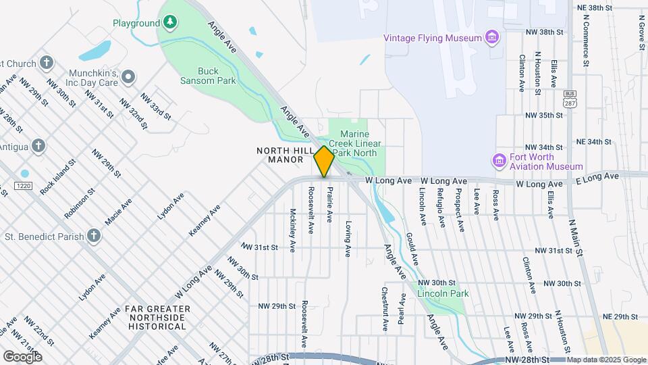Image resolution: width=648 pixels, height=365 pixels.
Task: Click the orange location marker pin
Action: point(324,161)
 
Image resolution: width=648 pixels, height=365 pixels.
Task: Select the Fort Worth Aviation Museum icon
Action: point(499,161)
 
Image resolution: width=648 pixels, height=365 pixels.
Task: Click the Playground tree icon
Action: point(171,23)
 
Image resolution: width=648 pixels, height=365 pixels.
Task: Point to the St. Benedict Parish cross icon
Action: point(94,236)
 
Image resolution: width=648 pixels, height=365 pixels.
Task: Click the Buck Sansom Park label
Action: point(217,75)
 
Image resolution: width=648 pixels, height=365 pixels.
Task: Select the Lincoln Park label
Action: point(443,294)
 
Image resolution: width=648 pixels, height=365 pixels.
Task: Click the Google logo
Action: point(22,356)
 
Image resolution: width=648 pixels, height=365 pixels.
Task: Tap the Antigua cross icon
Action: point(38,145)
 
